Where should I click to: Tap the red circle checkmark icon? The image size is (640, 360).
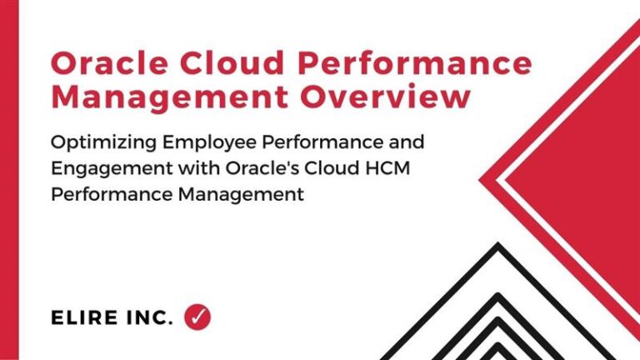coord(197,316)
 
